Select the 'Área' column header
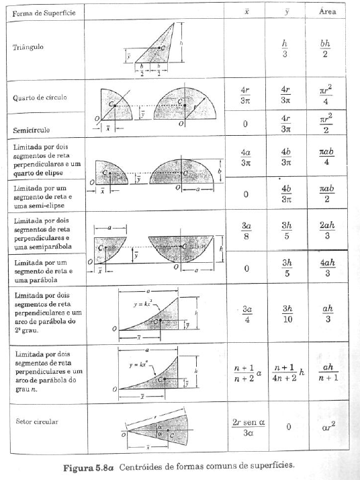[x=325, y=13]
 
